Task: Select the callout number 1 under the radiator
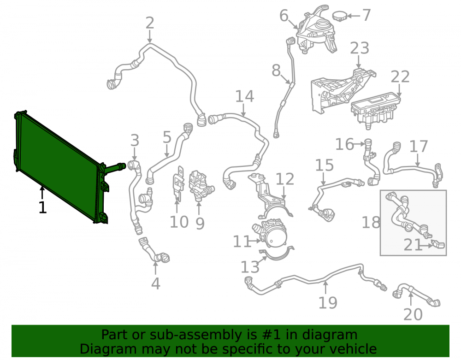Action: click(x=42, y=207)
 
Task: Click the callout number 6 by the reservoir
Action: click(x=284, y=16)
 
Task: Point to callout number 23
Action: click(x=360, y=48)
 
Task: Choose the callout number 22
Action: click(x=400, y=77)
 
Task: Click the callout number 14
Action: click(x=245, y=96)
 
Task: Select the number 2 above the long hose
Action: click(x=150, y=23)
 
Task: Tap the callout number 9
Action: click(x=200, y=224)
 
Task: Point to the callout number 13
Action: click(x=250, y=267)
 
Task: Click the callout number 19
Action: click(x=328, y=303)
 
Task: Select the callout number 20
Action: click(x=413, y=314)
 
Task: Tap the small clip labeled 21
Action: click(x=438, y=244)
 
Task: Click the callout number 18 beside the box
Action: click(x=371, y=223)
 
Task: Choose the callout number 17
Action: click(x=419, y=147)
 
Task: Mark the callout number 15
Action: click(x=324, y=165)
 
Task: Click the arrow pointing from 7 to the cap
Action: click(x=354, y=16)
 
